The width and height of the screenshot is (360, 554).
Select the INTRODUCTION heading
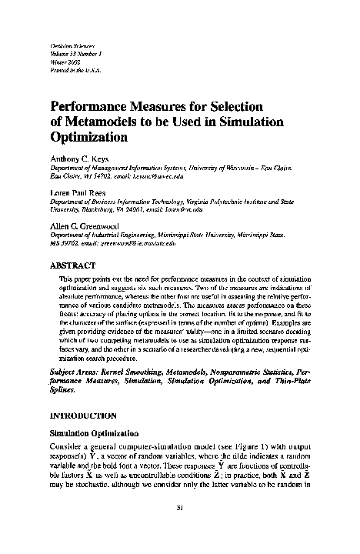[85, 415]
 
